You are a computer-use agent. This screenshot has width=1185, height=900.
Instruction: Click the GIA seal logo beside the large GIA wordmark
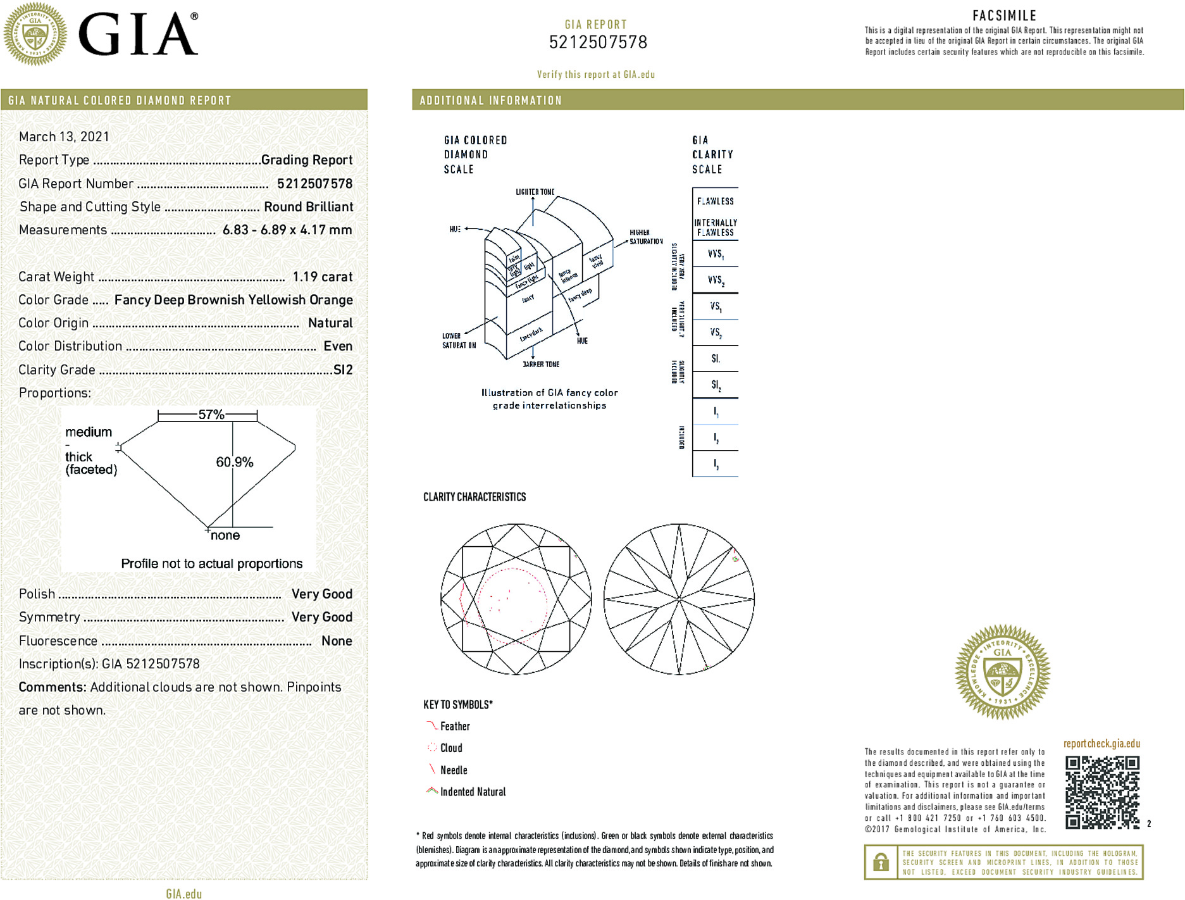click(x=35, y=34)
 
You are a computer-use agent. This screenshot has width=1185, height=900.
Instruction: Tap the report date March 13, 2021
click(x=64, y=137)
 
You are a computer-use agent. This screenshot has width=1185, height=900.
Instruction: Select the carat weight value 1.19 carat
click(x=322, y=277)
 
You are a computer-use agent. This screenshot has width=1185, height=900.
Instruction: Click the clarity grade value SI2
click(x=343, y=370)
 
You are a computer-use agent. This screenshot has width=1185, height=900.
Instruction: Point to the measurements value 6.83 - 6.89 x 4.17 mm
click(x=287, y=230)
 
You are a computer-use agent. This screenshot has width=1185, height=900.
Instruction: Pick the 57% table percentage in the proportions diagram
click(x=211, y=415)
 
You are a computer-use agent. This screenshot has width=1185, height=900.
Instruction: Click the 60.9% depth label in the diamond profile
click(x=235, y=462)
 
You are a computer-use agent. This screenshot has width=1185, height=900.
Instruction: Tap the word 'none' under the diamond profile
click(x=225, y=535)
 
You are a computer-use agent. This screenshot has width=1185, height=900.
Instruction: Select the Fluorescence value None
click(x=337, y=641)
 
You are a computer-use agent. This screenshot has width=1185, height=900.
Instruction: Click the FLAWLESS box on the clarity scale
click(x=716, y=201)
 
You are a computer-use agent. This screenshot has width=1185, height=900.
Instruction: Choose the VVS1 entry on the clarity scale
click(x=716, y=254)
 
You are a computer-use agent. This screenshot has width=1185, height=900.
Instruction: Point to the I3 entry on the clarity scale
click(x=716, y=464)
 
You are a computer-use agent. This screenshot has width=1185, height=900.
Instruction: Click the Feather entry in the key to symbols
click(x=455, y=727)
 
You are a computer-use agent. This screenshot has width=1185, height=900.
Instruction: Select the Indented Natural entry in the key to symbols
click(x=473, y=792)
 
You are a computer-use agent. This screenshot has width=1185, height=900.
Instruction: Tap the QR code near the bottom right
click(x=1102, y=792)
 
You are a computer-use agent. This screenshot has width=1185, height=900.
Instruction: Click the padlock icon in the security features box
click(x=881, y=862)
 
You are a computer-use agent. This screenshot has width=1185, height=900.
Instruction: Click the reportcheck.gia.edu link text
click(x=1101, y=744)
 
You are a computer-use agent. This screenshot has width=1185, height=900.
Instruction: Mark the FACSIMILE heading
click(x=1004, y=16)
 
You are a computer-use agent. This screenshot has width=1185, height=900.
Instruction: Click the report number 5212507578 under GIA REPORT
click(x=598, y=42)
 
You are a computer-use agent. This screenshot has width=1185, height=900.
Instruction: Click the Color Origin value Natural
click(x=330, y=323)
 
